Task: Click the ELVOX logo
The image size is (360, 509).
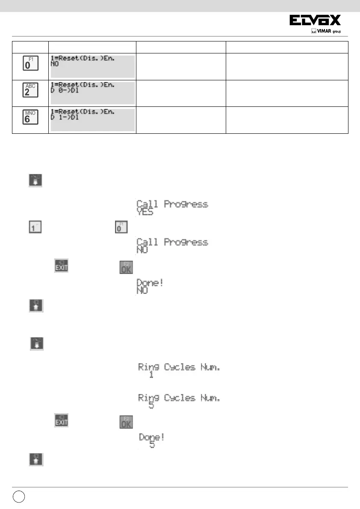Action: pos(316,21)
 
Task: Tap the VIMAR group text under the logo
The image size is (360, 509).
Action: pos(328,31)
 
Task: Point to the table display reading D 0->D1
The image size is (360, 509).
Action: pos(92,93)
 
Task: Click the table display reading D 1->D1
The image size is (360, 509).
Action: pos(92,120)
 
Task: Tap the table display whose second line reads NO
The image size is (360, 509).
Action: pos(92,66)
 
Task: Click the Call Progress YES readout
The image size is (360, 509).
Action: pos(172,208)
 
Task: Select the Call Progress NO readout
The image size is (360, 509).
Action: pos(172,246)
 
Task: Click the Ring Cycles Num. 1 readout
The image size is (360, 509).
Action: pos(179,370)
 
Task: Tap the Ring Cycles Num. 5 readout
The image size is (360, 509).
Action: pos(179,402)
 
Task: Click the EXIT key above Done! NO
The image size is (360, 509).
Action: pos(61,267)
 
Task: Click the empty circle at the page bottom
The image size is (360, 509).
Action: pos(18,498)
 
